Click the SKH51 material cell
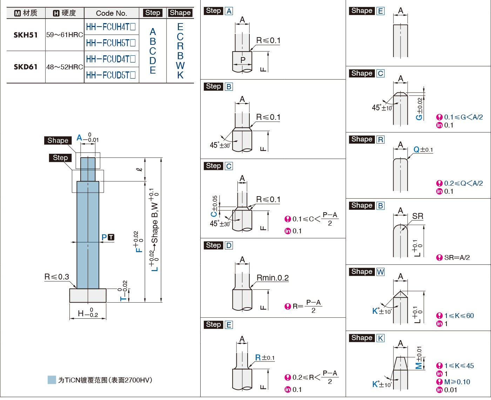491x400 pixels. pos(26,35)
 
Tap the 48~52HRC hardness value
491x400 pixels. pos(65,67)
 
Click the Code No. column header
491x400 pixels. pos(112,13)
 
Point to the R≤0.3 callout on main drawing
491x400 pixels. pos(56,277)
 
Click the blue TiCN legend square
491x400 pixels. pos(52,380)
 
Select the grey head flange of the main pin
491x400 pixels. pos(88,295)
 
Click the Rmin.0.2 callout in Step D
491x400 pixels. pos(273,278)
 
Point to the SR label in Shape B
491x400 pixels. pos(417,216)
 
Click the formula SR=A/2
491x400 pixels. pos(457,257)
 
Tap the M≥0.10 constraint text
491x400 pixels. pos(457,382)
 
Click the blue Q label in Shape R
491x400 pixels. pos(416,150)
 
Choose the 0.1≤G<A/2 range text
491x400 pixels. pos(463,117)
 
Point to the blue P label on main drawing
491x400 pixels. pos(104,237)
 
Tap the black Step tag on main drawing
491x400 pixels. pos(60,158)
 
